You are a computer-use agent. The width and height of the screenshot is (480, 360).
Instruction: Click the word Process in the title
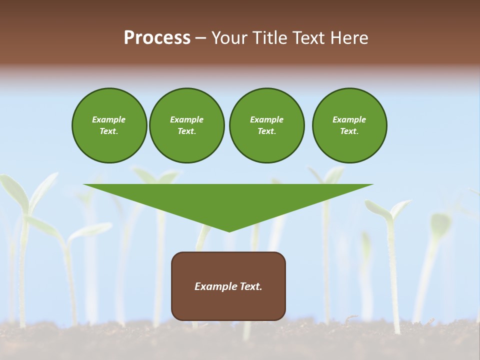pos(157,38)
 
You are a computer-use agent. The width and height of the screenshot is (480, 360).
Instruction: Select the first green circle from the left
pos(109,125)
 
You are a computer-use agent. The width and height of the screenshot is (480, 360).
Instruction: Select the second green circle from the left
pos(187,125)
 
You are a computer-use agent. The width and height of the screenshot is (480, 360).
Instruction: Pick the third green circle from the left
pos(266,125)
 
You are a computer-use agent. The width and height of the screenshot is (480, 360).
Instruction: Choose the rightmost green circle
pos(349,125)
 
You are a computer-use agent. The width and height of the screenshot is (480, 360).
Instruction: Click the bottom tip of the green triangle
pos(229,231)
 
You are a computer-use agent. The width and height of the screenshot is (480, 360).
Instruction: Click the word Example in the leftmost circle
pos(109,119)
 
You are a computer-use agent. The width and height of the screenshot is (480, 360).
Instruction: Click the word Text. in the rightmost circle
pos(349,131)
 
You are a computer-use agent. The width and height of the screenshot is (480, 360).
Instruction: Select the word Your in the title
pos(227,38)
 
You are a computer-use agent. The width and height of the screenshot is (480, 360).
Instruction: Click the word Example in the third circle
pos(266,119)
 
